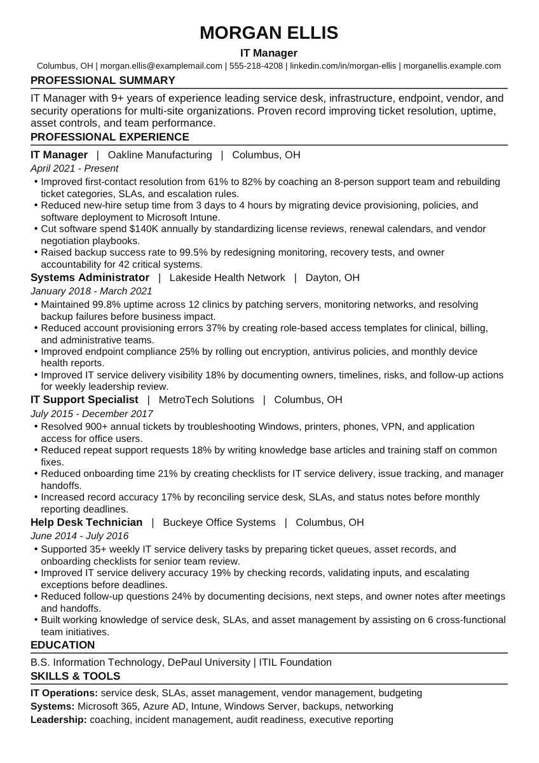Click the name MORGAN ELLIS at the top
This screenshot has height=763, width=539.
[269, 32]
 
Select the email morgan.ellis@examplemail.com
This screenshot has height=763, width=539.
[161, 65]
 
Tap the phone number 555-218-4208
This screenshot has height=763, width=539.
[256, 65]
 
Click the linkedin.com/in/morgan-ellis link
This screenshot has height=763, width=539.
[343, 65]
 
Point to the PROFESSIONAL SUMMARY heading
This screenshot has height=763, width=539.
[102, 80]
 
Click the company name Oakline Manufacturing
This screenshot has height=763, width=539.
[160, 155]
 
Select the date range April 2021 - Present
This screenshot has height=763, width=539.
[74, 168]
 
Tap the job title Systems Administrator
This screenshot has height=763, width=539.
[90, 277]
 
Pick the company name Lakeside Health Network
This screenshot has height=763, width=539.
[227, 277]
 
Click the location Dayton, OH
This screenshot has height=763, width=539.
[332, 277]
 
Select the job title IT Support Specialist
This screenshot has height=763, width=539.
[84, 399]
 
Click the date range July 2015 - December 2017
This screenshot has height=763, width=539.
[92, 413]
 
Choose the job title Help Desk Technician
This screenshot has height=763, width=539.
[86, 522]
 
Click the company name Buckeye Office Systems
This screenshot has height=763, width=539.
[219, 522]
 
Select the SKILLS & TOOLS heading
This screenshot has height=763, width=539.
[75, 676]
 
